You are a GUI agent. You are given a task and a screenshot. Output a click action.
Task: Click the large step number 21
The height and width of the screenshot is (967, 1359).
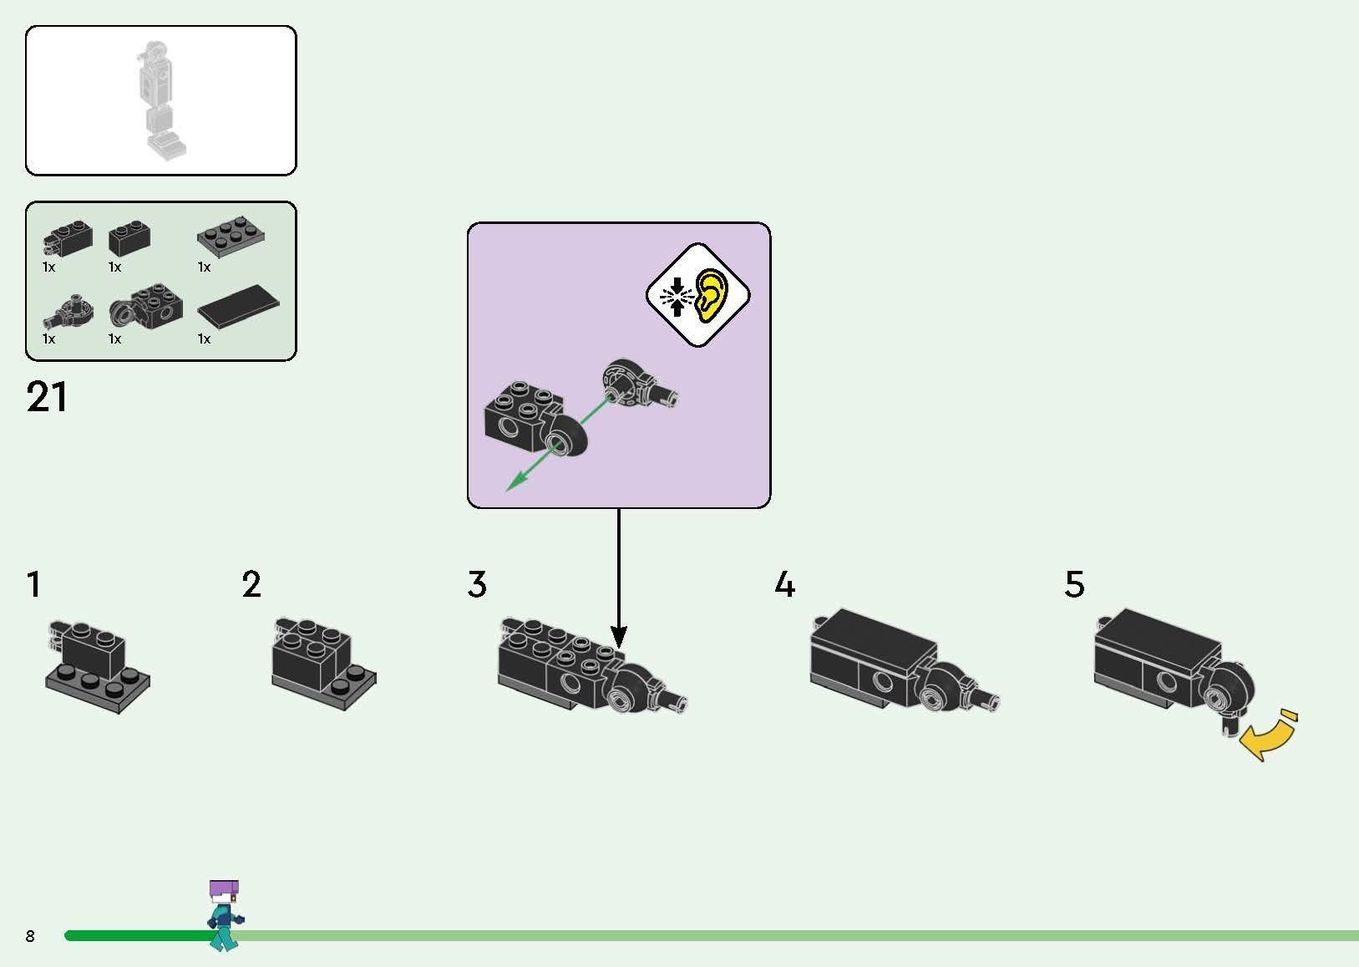47,398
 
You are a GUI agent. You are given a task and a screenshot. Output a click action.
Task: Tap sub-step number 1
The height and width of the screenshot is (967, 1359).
33,585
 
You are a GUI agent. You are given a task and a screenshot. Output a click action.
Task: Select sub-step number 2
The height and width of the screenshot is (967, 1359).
251,585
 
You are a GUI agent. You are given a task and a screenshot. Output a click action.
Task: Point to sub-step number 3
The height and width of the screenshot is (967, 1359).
477,585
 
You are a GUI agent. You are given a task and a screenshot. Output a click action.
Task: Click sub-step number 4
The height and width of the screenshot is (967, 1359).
784,585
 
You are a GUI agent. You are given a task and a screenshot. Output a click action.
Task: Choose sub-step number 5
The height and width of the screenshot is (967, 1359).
1074,585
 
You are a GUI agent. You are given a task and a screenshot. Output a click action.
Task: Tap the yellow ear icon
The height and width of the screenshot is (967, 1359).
711,295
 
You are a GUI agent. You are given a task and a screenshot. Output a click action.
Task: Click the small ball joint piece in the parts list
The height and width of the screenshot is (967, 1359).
67,311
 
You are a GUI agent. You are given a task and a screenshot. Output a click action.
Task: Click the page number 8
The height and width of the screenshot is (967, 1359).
30,936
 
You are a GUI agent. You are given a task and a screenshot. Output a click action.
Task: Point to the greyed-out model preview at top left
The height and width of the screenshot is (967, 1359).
160,100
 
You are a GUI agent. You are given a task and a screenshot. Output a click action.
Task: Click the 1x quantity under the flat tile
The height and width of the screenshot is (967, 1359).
204,339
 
